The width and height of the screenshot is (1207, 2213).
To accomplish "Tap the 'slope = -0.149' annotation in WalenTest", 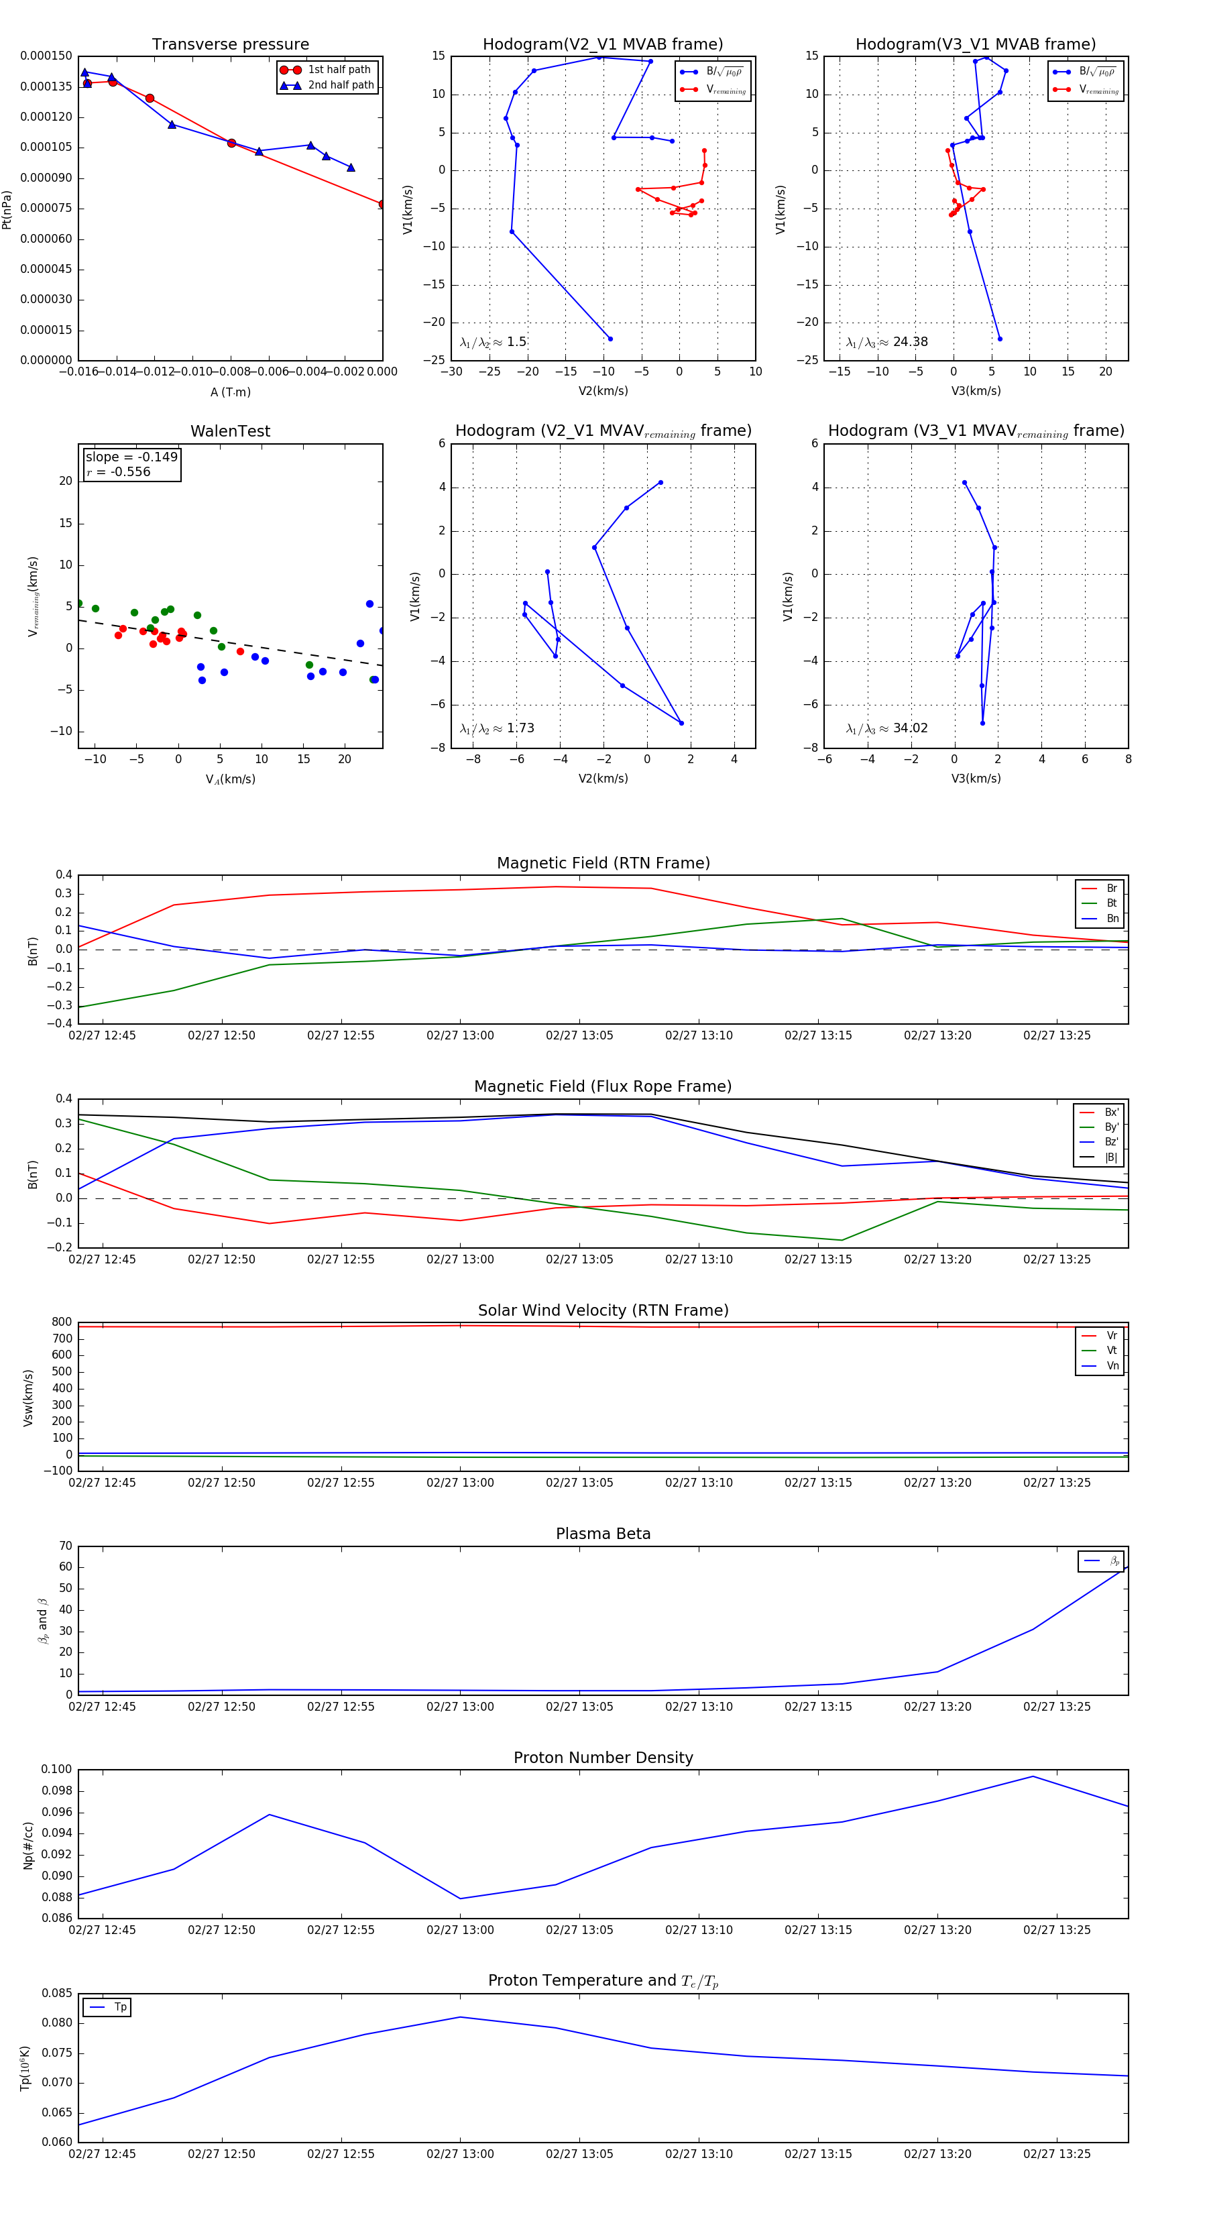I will pos(131,457).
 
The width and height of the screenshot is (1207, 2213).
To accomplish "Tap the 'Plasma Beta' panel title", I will pos(603,1534).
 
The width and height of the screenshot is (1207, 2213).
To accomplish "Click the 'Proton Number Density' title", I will pos(603,1758).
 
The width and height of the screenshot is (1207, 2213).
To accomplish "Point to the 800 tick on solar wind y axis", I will pos(61,1322).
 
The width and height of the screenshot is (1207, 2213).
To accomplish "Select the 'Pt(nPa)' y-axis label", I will pos(7,209).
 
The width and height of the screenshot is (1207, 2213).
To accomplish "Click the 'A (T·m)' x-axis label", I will pos(230,392).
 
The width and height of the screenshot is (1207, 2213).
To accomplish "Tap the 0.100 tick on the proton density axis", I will pos(57,1769).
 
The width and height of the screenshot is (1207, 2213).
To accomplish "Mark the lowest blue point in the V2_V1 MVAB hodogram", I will pos(610,339).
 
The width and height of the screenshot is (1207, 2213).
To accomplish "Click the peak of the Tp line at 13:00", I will pos(461,2017).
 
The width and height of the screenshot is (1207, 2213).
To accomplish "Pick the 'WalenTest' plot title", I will pos(230,431).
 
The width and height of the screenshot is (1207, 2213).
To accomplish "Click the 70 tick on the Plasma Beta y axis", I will pos(65,1546).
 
